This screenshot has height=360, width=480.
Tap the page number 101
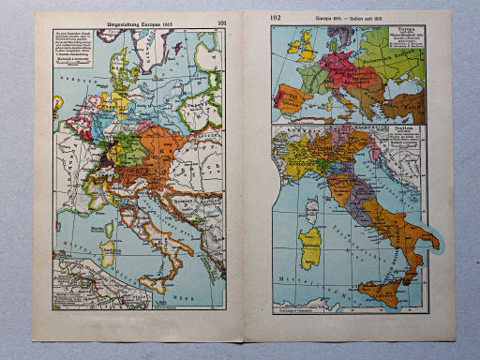tap(221, 21)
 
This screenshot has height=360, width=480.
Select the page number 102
tap(274, 18)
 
